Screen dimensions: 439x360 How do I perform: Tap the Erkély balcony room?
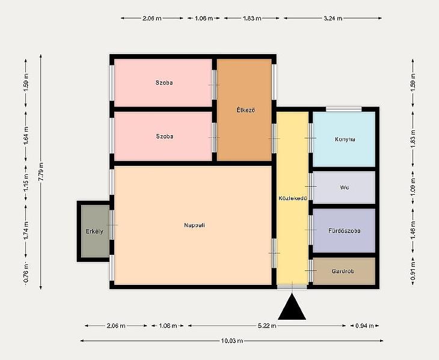click(x=95, y=231)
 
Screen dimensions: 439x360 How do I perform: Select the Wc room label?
click(x=345, y=188)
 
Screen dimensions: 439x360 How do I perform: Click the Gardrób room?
click(x=344, y=271)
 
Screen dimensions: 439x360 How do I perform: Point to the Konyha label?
click(x=345, y=139)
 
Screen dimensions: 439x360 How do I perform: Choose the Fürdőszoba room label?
click(x=345, y=231)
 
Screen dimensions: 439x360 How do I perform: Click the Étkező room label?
click(x=245, y=110)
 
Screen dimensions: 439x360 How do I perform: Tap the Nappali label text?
click(x=194, y=225)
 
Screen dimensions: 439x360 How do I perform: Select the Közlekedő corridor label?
click(x=293, y=198)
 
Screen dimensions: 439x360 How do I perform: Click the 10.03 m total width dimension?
click(x=232, y=341)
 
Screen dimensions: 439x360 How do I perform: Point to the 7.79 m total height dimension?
click(x=41, y=172)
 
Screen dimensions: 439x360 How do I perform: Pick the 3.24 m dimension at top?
click(x=333, y=19)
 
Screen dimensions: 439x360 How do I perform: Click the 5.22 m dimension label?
click(x=267, y=326)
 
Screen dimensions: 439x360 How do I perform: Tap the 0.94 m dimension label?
click(x=364, y=326)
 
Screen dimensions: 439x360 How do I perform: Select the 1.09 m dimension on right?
click(x=413, y=187)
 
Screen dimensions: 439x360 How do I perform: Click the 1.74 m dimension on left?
click(x=26, y=231)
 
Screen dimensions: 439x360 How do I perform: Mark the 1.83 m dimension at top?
click(x=252, y=19)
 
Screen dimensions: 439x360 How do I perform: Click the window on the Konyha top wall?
click(x=344, y=109)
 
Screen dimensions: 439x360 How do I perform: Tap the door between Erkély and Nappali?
click(x=112, y=225)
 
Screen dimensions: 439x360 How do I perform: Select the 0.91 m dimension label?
click(x=413, y=271)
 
